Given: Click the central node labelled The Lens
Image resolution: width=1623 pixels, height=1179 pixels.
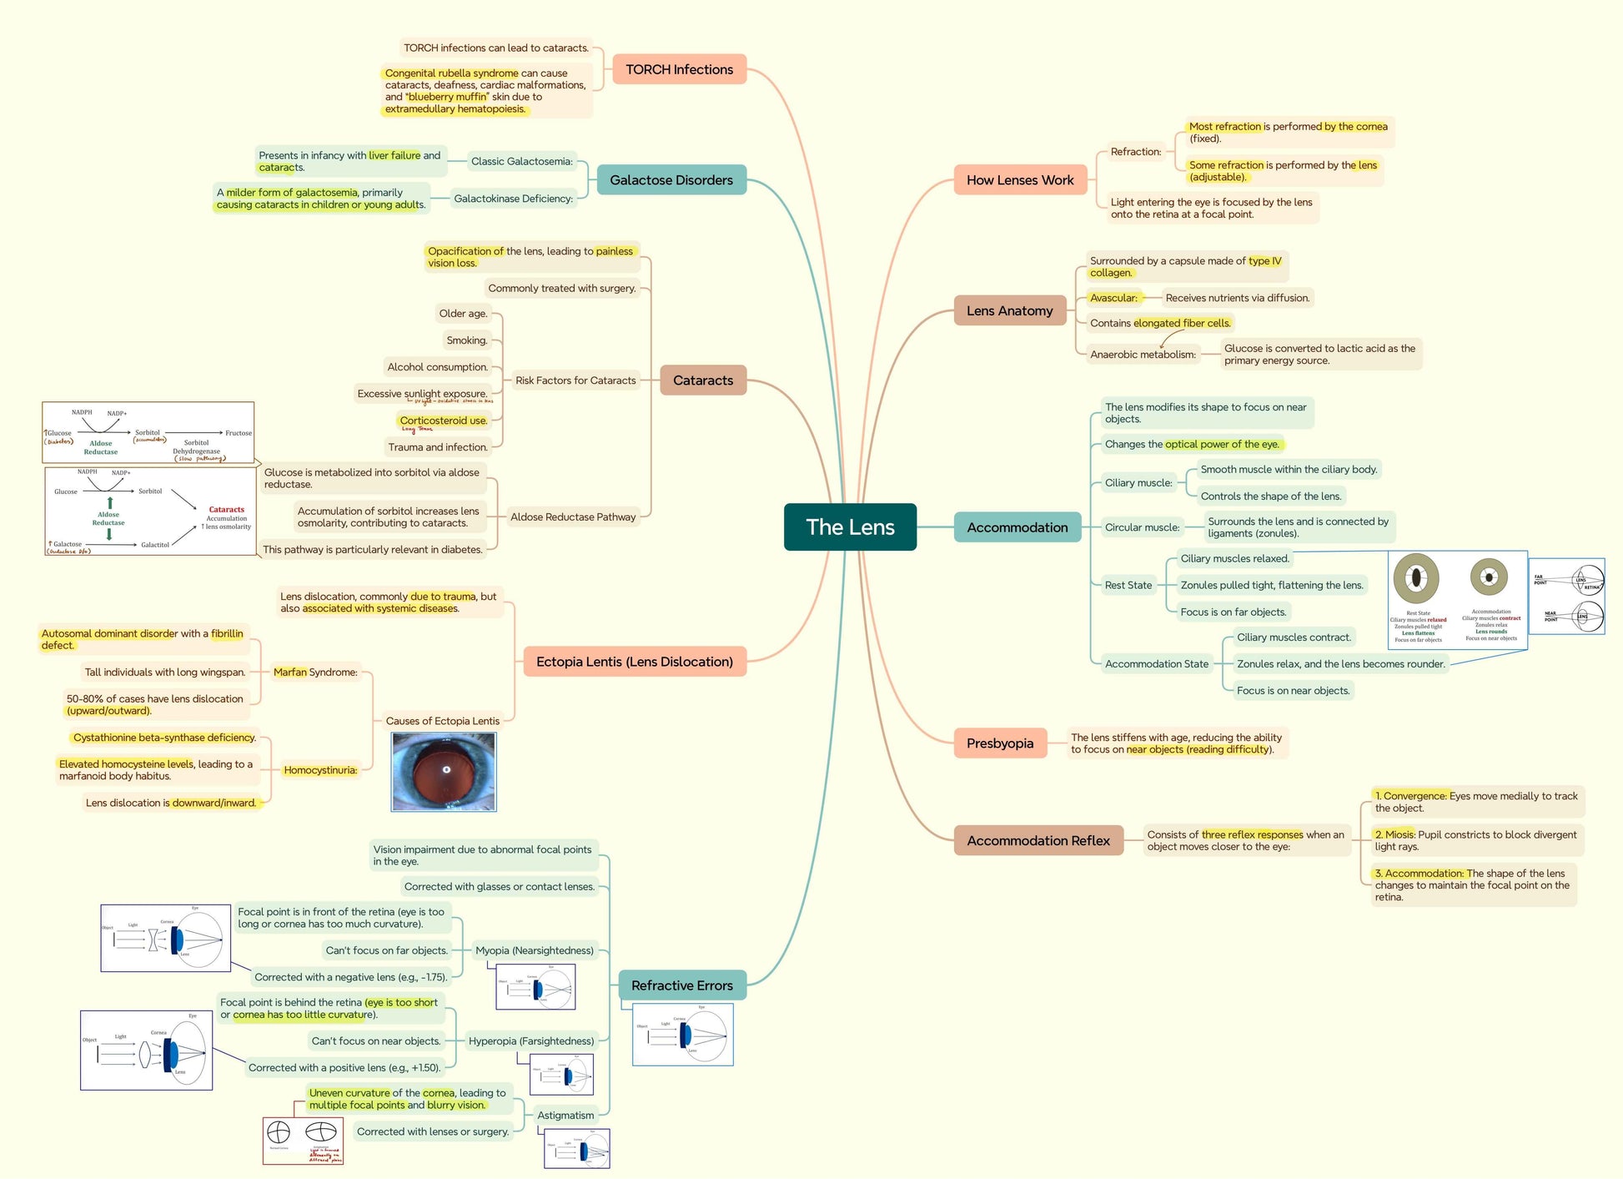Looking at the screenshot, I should [x=850, y=527].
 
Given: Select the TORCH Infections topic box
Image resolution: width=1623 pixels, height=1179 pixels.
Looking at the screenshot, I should [x=679, y=69].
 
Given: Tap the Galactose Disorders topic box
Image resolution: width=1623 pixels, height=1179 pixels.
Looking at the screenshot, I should [x=671, y=179].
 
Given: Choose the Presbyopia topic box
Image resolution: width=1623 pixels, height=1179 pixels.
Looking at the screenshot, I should [x=999, y=743].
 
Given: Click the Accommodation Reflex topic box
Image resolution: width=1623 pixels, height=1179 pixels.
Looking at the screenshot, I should [x=1038, y=840].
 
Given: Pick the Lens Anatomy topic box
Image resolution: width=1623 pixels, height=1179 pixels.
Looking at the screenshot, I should [x=1009, y=310].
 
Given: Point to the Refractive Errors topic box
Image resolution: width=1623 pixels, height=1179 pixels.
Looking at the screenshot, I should [x=681, y=985].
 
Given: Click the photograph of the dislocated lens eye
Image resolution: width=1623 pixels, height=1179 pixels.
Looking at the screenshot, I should [x=444, y=772].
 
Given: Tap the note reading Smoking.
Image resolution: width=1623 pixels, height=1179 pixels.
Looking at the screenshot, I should [x=466, y=340].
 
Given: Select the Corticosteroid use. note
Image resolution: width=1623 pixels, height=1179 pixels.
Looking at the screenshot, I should [x=443, y=421].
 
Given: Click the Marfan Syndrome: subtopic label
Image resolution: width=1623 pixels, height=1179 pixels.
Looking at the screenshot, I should [x=315, y=672].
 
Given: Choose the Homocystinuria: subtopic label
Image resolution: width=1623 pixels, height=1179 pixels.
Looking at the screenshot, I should [x=320, y=770].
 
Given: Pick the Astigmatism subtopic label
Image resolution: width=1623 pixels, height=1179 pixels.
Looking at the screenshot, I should [x=565, y=1115].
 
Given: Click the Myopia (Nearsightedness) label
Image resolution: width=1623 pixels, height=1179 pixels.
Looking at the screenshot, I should [x=534, y=950].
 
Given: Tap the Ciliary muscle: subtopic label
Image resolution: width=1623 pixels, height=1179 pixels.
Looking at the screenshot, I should [x=1138, y=482].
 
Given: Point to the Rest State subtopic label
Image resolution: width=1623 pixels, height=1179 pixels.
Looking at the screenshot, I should [x=1128, y=585].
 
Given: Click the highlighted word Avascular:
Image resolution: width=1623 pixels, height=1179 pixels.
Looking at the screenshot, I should [x=1113, y=298].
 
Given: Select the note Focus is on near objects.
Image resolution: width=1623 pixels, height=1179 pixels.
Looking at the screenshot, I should [x=1293, y=690].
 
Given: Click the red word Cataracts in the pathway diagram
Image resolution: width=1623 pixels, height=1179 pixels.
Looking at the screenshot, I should [x=226, y=509].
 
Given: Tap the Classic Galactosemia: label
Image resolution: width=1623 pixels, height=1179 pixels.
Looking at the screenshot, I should [x=521, y=161].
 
